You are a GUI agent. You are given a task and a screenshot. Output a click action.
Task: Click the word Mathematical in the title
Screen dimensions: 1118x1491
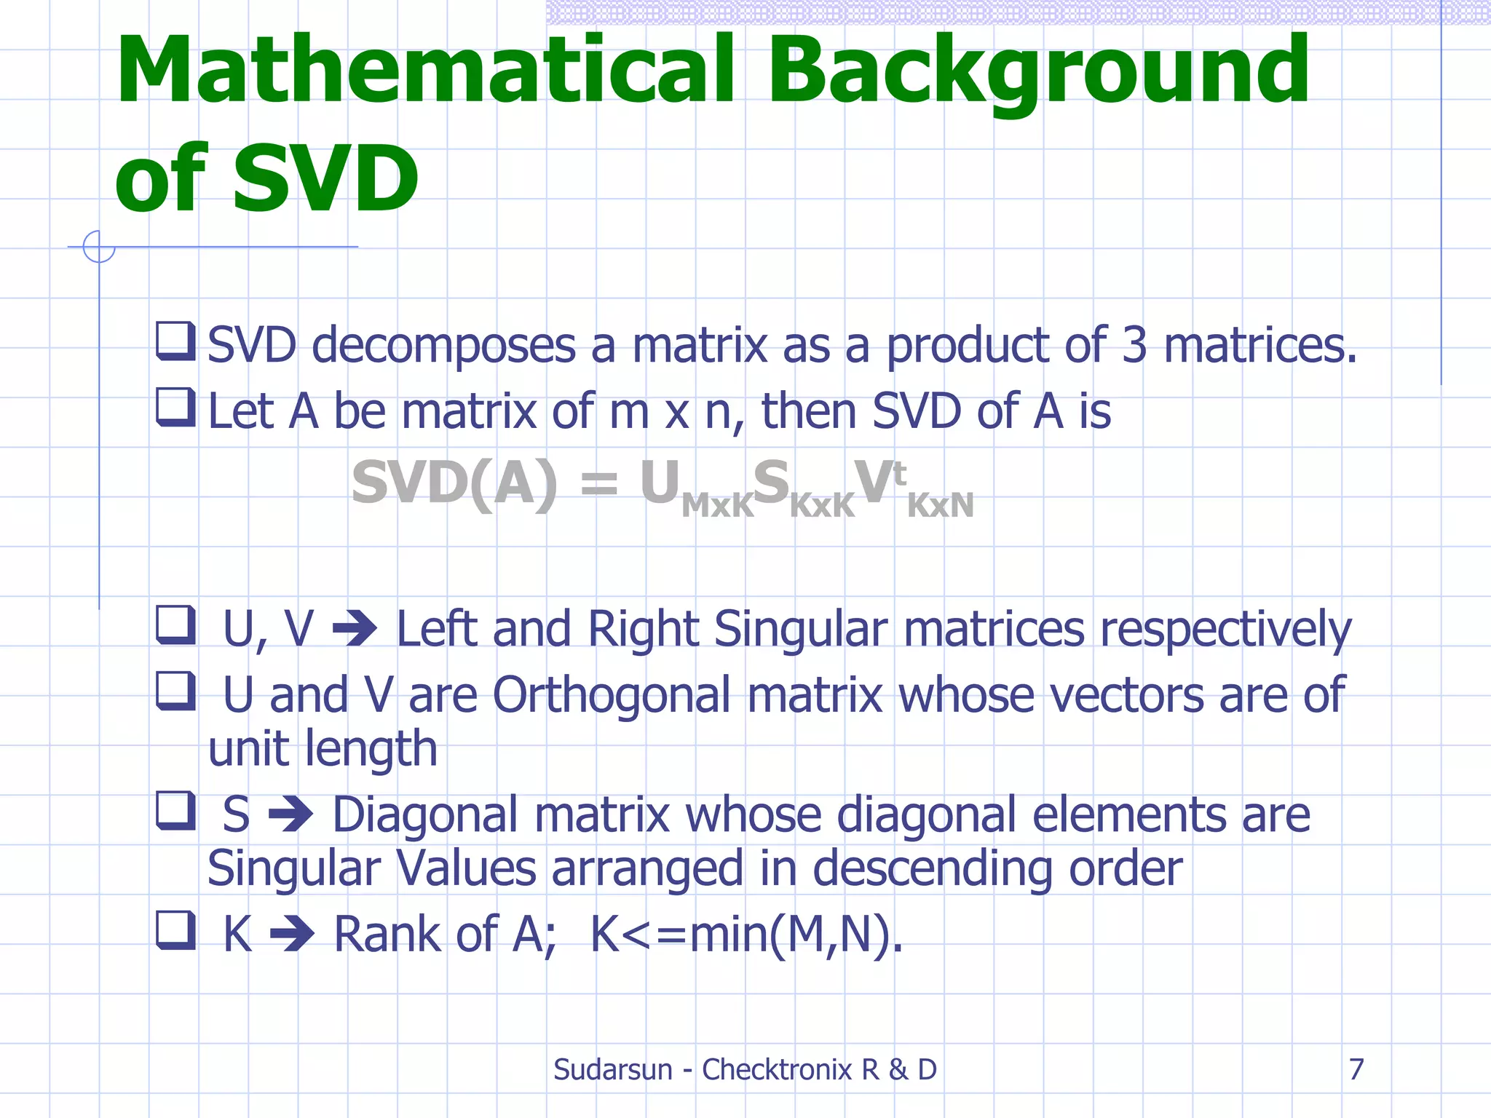click(425, 71)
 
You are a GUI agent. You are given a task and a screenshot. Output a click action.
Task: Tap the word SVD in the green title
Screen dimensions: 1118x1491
click(325, 178)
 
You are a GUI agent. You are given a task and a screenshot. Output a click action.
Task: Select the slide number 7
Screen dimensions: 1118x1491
click(1356, 1069)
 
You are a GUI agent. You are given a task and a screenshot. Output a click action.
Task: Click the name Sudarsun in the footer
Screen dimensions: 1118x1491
click(612, 1069)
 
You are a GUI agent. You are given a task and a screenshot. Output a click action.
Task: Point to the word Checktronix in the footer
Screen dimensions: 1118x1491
click(776, 1069)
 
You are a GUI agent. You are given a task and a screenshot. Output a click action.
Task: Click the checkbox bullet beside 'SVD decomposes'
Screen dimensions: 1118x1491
click(175, 341)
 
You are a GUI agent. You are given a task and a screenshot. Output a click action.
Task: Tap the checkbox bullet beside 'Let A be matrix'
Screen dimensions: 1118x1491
click(175, 407)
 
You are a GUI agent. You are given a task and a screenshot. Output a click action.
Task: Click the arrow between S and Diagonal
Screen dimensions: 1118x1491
click(291, 814)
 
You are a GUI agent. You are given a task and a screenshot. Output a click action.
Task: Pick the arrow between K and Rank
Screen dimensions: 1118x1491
click(292, 934)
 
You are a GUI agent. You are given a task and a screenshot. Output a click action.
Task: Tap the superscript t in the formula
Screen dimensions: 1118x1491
click(899, 474)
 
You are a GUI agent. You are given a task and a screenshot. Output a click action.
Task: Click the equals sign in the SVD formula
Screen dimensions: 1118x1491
click(598, 483)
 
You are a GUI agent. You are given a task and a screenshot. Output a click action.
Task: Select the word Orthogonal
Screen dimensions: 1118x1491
click(612, 695)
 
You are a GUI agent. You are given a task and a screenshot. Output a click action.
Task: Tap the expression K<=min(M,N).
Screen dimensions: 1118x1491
click(746, 934)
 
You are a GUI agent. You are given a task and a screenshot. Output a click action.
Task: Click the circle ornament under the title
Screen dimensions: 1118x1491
click(99, 247)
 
